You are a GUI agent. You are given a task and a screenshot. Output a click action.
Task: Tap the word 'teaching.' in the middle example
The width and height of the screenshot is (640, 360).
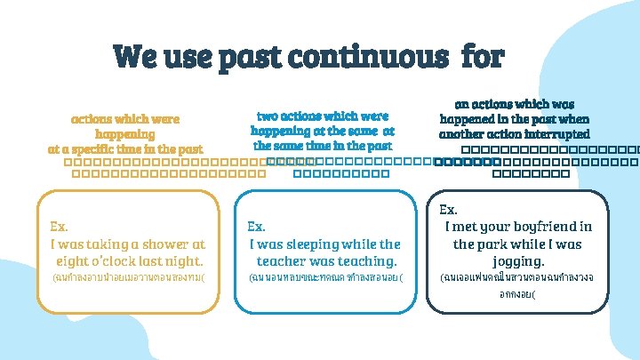(362, 261)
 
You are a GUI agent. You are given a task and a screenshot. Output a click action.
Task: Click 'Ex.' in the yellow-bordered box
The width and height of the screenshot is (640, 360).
(61, 226)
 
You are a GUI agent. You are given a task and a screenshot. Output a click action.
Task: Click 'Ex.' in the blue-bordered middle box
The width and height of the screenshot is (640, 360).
(256, 226)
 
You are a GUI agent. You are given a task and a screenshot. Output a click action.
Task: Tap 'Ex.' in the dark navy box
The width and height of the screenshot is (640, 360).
(449, 209)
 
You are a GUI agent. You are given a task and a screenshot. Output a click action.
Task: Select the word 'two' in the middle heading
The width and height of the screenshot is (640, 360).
(267, 116)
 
